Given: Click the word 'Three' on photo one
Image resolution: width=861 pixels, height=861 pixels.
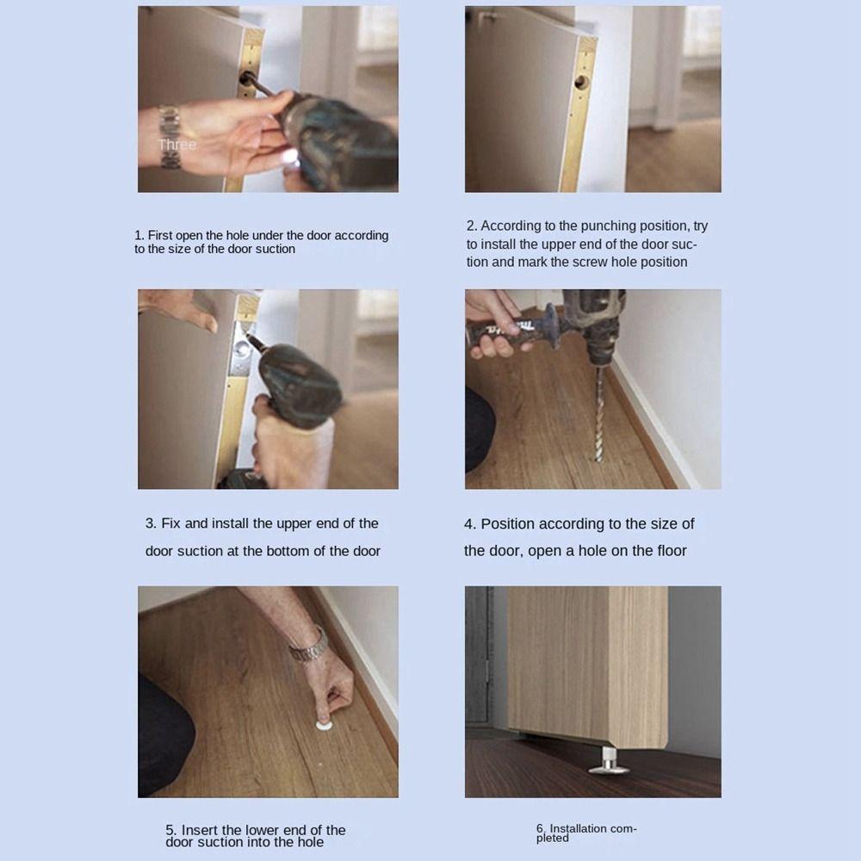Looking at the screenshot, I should point(177,145).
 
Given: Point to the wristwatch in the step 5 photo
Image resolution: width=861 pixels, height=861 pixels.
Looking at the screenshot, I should point(307,646).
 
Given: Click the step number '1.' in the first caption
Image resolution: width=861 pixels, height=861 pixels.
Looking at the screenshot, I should point(139,235).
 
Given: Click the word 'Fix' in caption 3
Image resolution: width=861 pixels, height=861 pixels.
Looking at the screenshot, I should point(172,523).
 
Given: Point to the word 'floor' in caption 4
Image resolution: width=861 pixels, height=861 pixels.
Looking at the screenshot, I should point(668,550).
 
